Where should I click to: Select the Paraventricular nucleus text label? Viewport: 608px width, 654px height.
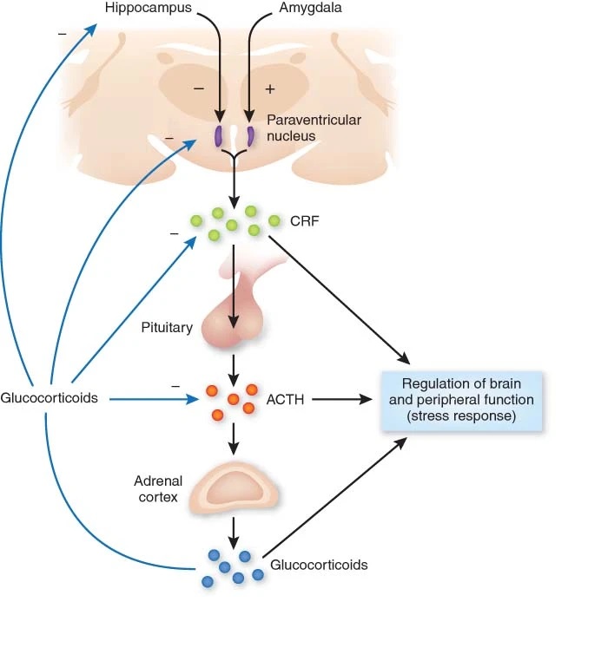coord(313,128)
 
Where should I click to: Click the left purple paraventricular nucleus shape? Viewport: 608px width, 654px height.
coord(219,136)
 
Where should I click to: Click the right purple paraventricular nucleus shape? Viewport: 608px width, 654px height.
coord(250,136)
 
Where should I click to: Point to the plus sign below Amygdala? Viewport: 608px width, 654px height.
coord(269,88)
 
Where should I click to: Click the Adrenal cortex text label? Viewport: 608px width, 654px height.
coord(156,489)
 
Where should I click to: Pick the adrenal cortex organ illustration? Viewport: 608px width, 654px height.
coord(234,488)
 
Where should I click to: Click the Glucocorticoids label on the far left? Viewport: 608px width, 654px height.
coord(49,399)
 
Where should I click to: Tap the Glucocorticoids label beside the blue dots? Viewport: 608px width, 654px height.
coord(319,565)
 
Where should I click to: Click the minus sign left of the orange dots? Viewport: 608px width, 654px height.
coord(175,385)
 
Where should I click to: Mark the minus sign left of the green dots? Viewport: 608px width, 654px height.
coord(174,234)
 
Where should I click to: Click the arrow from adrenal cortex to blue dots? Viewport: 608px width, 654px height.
coord(234,529)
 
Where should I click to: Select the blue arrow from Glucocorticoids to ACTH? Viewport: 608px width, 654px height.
coord(148,399)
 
